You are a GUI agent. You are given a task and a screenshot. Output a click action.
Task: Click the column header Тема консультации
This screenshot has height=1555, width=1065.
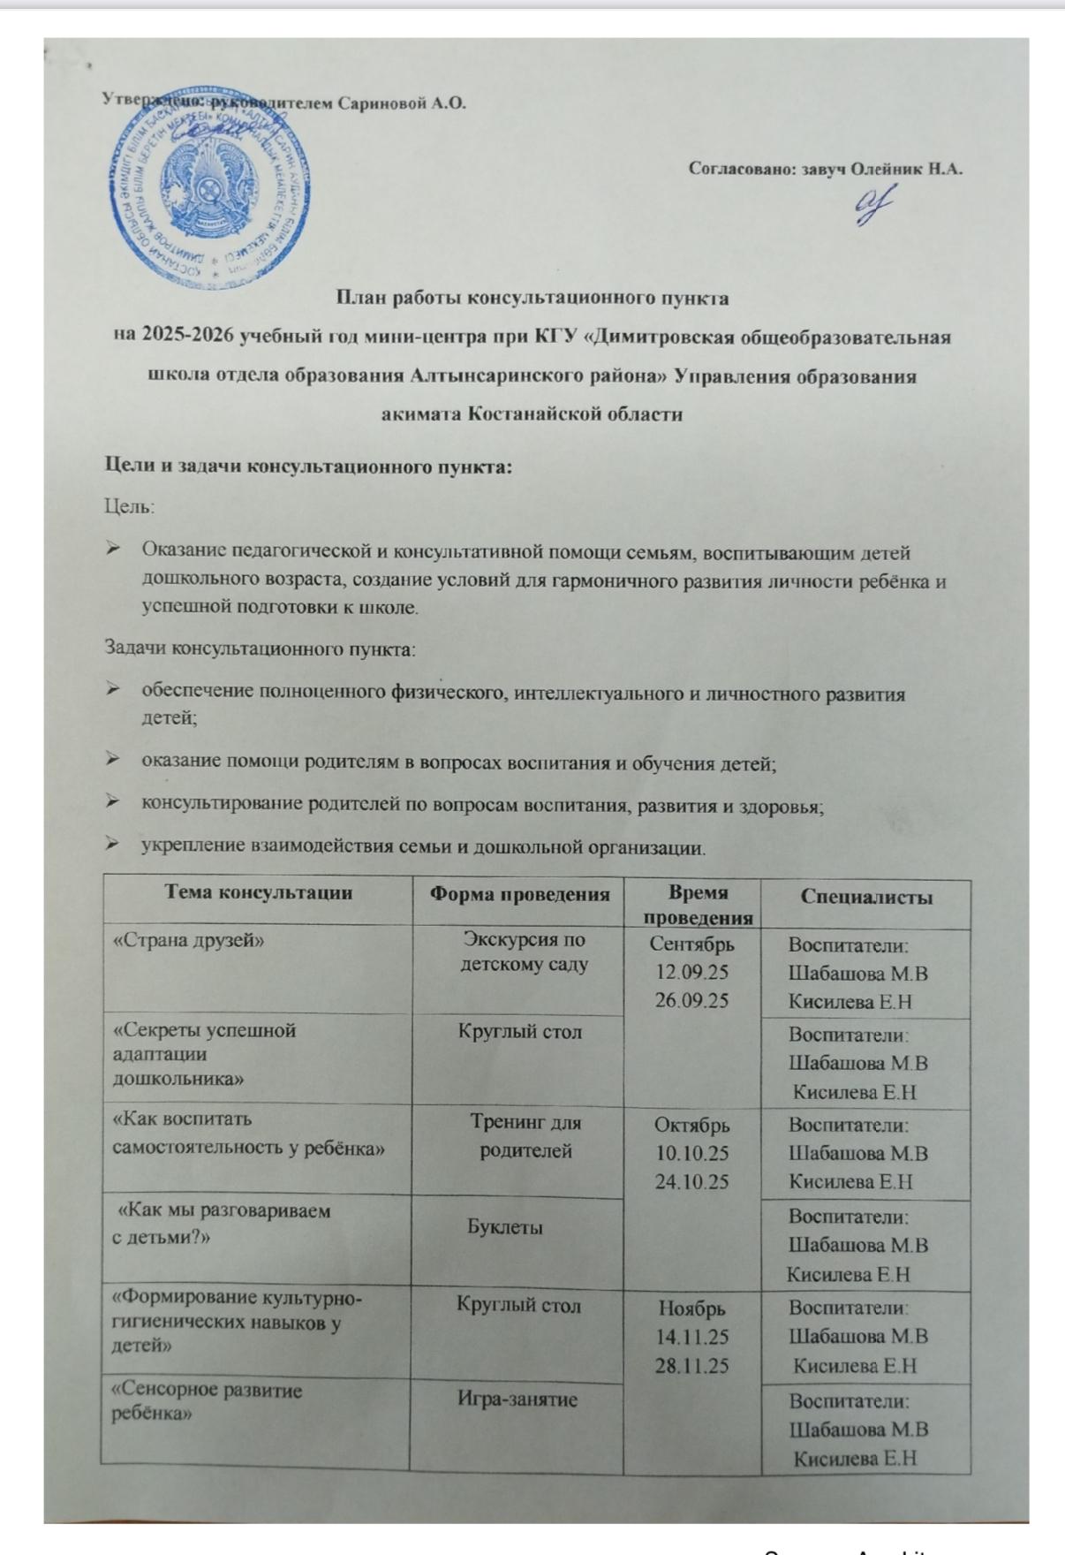[259, 892]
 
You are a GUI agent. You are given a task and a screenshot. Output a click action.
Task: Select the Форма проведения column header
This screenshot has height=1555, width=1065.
[519, 894]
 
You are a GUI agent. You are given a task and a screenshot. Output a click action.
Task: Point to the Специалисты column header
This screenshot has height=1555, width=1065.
[866, 897]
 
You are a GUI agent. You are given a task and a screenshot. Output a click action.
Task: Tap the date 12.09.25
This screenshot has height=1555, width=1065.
[692, 972]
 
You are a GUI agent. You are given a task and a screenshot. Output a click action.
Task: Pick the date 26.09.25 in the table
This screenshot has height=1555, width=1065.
[692, 1000]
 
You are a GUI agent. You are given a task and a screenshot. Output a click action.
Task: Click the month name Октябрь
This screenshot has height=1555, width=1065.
[692, 1126]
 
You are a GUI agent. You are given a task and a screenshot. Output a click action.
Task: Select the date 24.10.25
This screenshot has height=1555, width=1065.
[692, 1181]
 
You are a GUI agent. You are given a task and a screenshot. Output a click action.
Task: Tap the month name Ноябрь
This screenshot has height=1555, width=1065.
[692, 1308]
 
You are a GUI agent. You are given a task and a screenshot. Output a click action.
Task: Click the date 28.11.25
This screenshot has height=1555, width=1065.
[692, 1365]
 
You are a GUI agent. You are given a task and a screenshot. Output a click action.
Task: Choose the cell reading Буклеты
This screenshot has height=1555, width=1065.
[505, 1227]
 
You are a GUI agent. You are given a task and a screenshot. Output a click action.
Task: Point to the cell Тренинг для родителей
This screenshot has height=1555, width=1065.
[525, 1137]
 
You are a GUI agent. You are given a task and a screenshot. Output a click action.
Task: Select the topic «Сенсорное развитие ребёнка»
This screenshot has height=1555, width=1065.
[206, 1401]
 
